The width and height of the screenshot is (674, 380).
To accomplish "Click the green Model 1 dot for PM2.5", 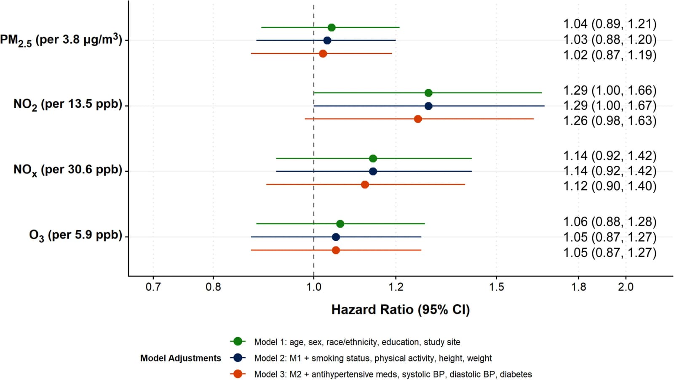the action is pyautogui.click(x=331, y=28).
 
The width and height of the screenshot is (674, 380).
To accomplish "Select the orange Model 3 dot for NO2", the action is pyautogui.click(x=417, y=119).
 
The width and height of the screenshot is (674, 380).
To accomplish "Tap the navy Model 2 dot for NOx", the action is pyautogui.click(x=373, y=171).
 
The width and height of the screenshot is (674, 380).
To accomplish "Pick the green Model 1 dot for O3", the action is pyautogui.click(x=340, y=224).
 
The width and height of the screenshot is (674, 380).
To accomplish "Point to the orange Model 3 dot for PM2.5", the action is pyautogui.click(x=323, y=54).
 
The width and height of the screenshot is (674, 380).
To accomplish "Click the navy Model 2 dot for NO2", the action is pyautogui.click(x=428, y=106).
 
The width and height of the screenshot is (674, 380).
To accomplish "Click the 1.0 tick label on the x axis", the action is pyautogui.click(x=314, y=287).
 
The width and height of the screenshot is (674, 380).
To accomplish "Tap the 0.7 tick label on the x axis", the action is pyautogui.click(x=153, y=287).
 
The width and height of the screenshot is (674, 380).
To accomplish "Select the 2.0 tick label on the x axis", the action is pyautogui.click(x=626, y=287).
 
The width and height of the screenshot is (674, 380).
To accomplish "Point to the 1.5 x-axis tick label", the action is pyautogui.click(x=496, y=287).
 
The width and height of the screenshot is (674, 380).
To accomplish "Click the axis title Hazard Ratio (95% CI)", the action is pyautogui.click(x=401, y=310).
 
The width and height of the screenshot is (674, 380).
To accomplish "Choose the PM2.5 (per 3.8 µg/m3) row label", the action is pyautogui.click(x=61, y=40).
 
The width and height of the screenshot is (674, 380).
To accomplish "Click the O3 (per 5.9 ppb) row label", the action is pyautogui.click(x=75, y=235).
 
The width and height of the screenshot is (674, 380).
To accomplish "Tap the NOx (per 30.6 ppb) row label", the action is pyautogui.click(x=68, y=170).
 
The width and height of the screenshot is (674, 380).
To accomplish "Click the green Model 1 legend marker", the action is pyautogui.click(x=238, y=342).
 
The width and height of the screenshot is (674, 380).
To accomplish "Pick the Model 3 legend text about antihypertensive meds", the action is pyautogui.click(x=393, y=374).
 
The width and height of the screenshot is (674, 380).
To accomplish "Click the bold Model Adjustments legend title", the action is pyautogui.click(x=181, y=358).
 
